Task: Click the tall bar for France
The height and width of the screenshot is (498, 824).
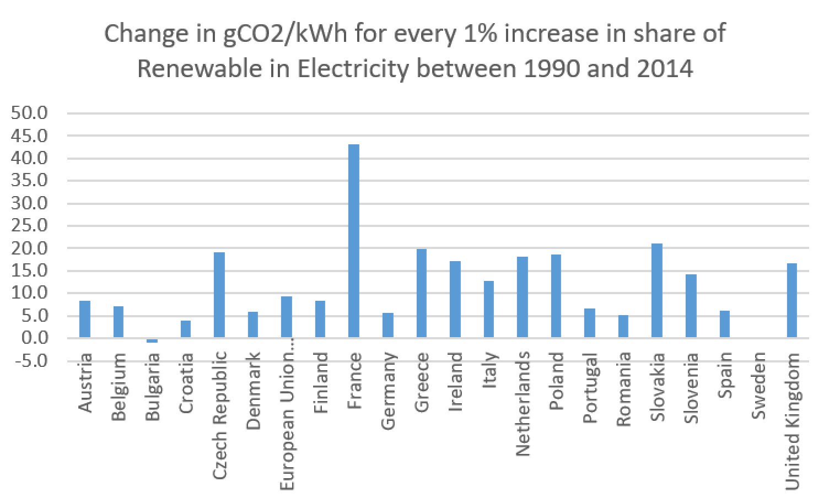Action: pos(354,241)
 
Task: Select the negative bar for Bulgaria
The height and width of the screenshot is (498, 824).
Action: pos(152,340)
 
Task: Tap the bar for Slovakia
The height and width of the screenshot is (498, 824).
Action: pos(657,290)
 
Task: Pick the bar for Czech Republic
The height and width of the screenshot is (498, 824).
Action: pos(219,295)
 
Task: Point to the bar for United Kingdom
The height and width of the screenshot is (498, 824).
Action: pos(791,300)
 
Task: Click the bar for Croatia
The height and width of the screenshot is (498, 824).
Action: pos(186,329)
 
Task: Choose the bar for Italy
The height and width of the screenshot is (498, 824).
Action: pos(489,309)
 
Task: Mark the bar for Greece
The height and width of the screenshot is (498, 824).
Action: pos(422,293)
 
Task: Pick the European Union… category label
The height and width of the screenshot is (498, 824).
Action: pos(287,421)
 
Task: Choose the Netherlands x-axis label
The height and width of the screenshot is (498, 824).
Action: pos(523,404)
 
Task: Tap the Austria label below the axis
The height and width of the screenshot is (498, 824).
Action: pos(85,383)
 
